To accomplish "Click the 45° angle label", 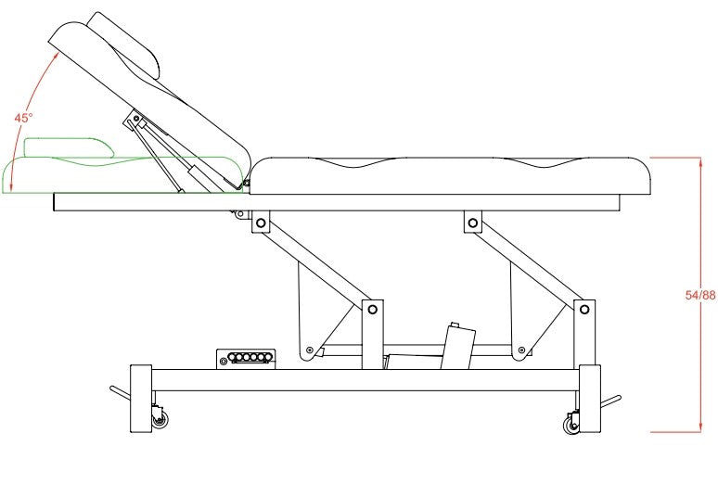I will [23, 118].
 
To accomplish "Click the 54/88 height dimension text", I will [699, 295].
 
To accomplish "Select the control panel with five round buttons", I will [247, 358].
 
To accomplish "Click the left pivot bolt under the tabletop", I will [261, 223].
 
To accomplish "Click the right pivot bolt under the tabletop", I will [473, 223].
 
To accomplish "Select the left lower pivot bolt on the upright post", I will [371, 309].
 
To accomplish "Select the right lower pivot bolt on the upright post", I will [583, 309].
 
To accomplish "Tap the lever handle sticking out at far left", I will [120, 393].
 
